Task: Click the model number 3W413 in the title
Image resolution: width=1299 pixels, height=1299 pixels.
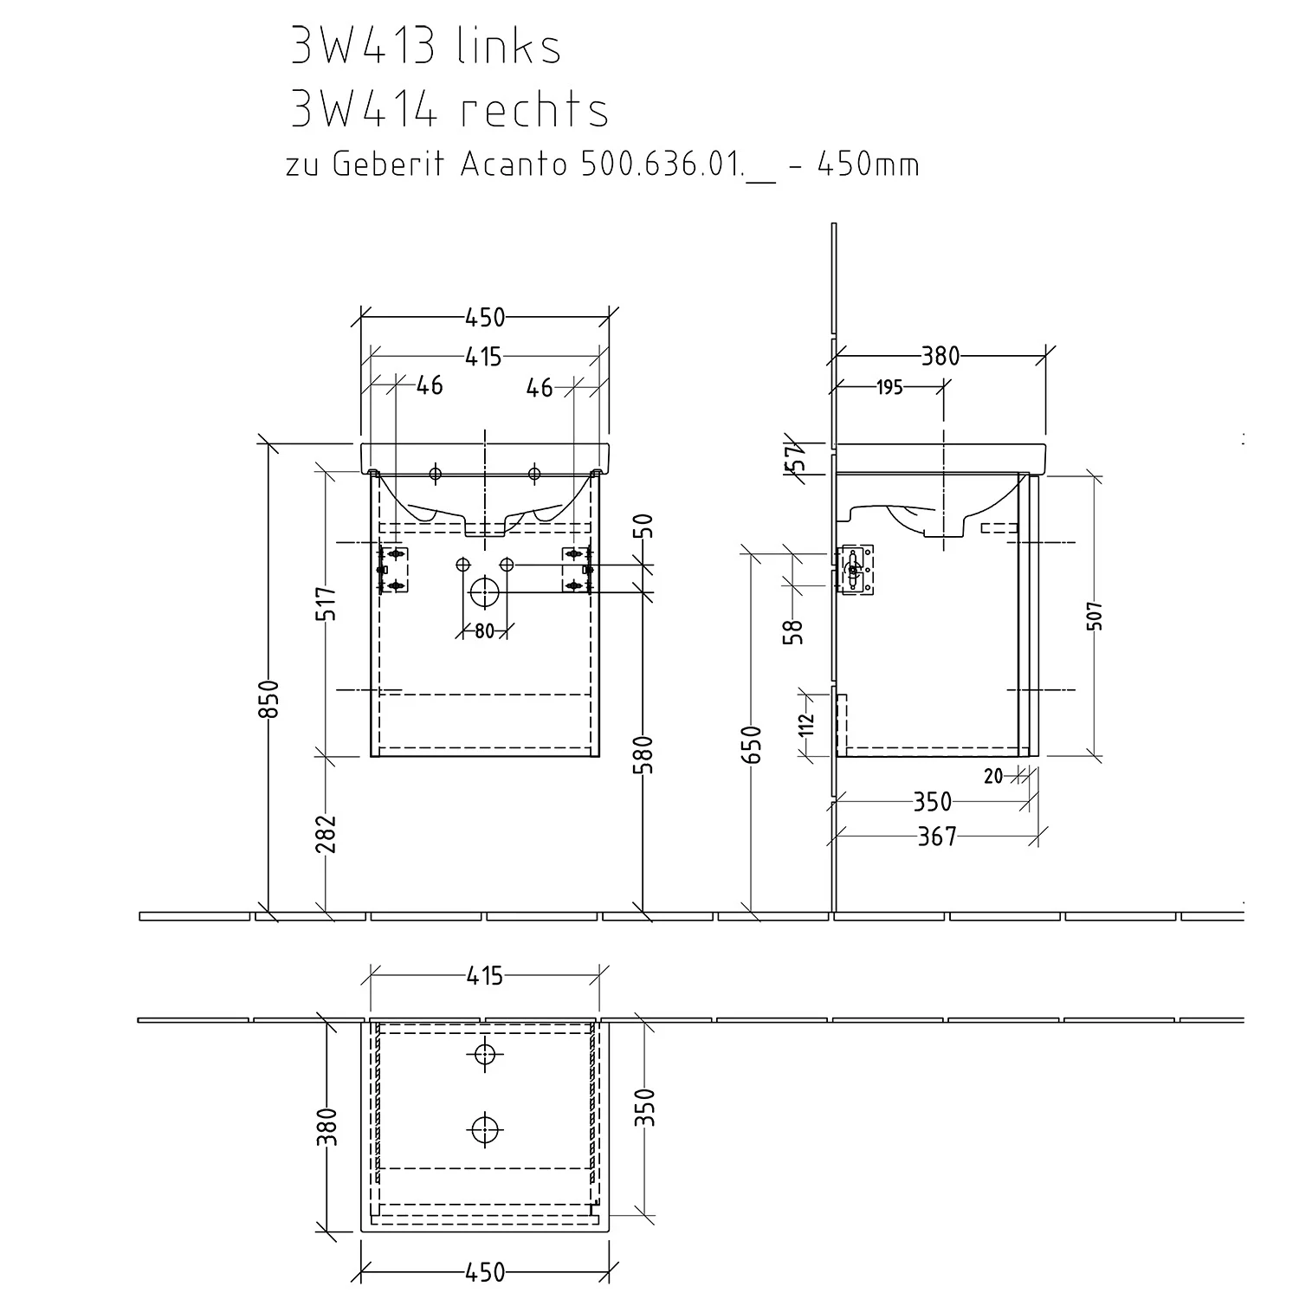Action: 362,47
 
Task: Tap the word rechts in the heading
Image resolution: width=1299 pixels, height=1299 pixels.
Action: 534,110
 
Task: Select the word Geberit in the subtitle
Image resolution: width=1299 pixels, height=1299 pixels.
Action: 389,164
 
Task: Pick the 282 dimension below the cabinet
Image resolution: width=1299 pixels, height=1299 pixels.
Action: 326,833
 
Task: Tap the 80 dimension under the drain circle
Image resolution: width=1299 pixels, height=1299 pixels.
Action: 484,631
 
